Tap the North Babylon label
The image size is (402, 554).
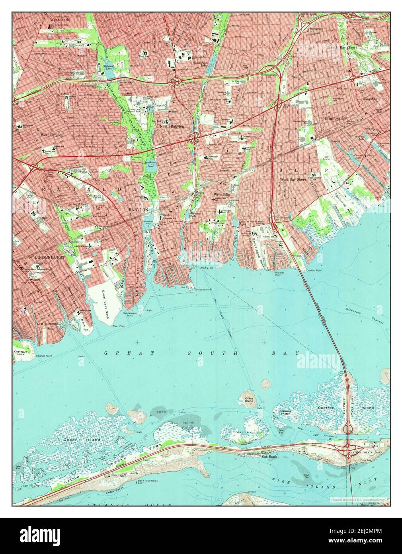172,126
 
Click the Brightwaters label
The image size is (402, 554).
336,118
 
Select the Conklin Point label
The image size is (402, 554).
314,271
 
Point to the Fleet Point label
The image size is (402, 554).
119,326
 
